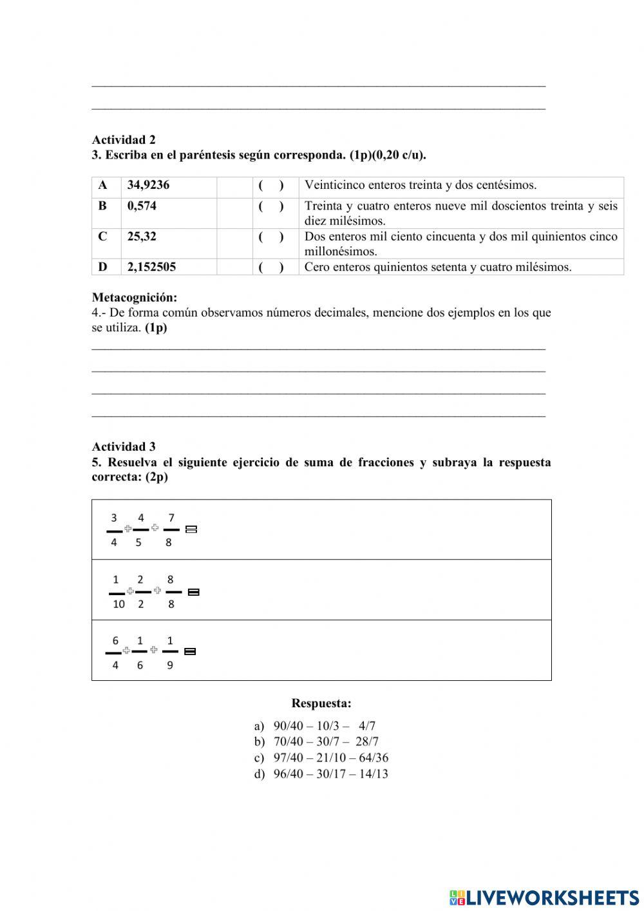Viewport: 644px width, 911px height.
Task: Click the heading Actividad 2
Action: coord(124,140)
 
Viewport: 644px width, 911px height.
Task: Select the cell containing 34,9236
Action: coord(148,186)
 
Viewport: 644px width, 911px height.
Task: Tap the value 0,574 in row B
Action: coord(142,206)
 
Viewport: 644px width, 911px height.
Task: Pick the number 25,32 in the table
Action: coord(142,237)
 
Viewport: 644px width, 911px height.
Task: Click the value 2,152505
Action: coord(151,267)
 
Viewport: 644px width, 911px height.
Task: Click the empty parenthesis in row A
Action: coord(271,186)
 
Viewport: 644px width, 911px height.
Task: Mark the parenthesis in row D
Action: coord(271,267)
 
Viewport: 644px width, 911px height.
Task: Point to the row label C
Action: coord(102,237)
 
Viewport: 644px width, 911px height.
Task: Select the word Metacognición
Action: coord(134,298)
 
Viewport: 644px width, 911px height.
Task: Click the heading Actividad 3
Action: coord(124,447)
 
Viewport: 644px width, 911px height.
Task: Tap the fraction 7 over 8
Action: coord(171,530)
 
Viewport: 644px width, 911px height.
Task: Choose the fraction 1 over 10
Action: coord(117,592)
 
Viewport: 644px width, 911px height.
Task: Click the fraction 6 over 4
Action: coord(115,653)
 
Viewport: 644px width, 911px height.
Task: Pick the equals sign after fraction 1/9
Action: coord(190,652)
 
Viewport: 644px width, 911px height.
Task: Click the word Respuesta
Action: coord(321,703)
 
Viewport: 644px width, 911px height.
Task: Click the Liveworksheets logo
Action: coord(544,897)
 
